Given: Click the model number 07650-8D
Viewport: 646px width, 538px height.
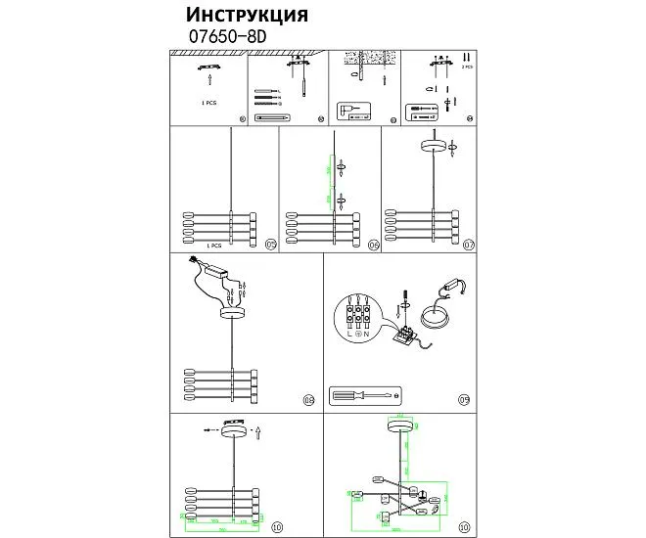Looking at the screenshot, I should (226, 36).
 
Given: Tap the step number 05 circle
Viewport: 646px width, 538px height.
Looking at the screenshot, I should (270, 245).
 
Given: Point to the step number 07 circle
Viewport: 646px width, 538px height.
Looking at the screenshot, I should (468, 245).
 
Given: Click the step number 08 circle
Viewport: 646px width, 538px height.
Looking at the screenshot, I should (308, 399).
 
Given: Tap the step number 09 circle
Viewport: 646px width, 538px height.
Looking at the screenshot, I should (464, 399).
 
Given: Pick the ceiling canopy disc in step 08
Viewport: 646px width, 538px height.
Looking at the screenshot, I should (232, 313).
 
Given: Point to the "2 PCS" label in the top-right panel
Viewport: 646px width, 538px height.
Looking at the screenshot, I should (467, 68).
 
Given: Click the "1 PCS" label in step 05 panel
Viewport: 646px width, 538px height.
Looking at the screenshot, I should (215, 247).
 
